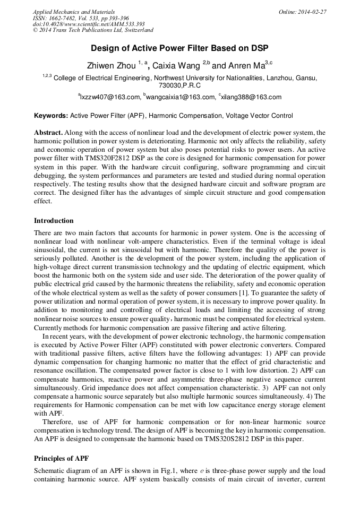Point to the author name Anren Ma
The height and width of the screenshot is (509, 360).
coord(245,66)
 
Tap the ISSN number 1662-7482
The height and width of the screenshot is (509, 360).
coord(65,18)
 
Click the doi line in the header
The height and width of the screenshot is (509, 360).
coord(89,24)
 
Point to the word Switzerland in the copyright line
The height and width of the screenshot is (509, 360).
coord(136,31)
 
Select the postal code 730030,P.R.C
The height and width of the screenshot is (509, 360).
coord(179,85)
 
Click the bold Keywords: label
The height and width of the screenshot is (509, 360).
coord(51,116)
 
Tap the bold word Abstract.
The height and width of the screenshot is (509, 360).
coord(48,132)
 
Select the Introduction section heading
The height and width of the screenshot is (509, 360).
coord(54,221)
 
